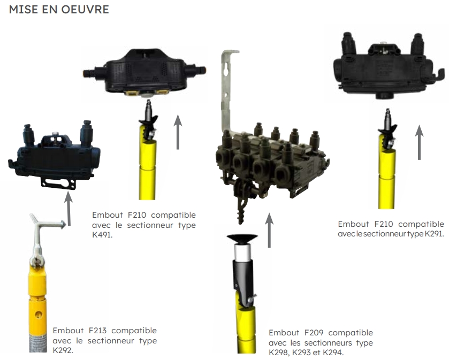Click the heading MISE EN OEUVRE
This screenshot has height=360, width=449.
click(x=59, y=10)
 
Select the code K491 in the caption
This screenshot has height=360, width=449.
click(x=102, y=235)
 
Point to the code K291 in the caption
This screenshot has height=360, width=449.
click(x=433, y=234)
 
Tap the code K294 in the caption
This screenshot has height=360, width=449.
click(x=332, y=353)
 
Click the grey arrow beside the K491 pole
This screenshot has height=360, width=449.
click(x=178, y=132)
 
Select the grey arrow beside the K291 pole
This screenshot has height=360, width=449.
click(x=419, y=142)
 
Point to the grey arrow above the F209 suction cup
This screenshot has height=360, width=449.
click(x=269, y=230)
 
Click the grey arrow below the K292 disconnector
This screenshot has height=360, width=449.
click(x=69, y=209)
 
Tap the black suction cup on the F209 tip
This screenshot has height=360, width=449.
click(x=242, y=239)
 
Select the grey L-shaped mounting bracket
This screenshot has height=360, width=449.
click(x=227, y=91)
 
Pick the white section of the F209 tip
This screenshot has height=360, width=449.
click(x=243, y=252)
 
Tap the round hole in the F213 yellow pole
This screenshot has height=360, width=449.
click(x=38, y=315)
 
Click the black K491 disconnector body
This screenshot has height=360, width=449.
click(x=144, y=73)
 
